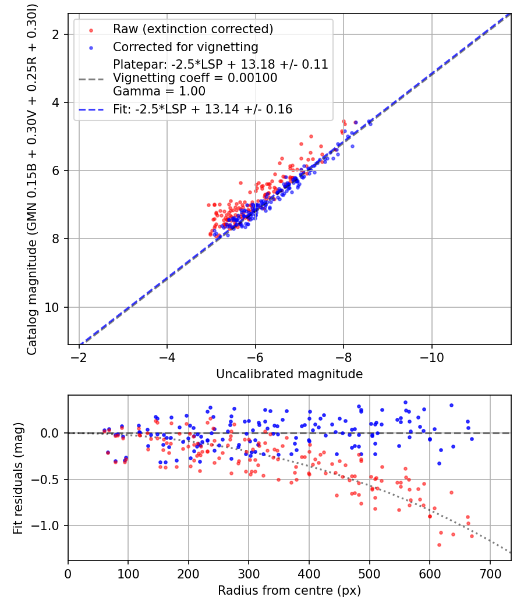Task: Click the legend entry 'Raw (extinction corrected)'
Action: (x=192, y=29)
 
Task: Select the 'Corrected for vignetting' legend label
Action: (x=186, y=47)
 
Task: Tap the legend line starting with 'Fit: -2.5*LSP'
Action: (x=203, y=109)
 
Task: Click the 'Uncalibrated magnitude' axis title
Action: (x=289, y=374)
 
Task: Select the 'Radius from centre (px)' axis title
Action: (x=289, y=591)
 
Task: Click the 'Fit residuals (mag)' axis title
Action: (x=18, y=478)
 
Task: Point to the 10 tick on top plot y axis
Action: (x=55, y=307)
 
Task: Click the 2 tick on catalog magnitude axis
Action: (x=58, y=34)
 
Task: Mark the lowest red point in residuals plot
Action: (x=439, y=545)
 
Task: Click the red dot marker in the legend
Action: (x=90, y=30)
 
